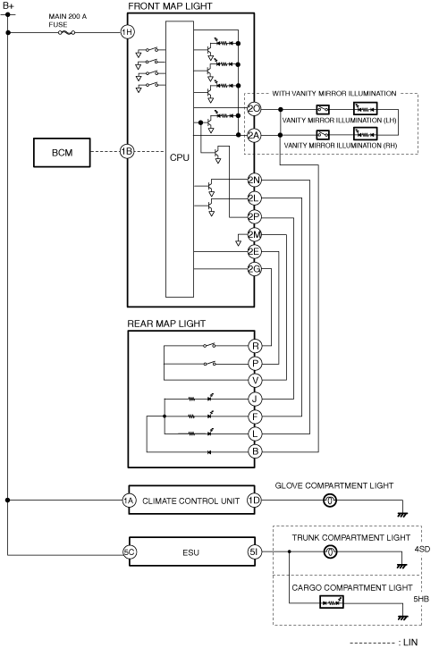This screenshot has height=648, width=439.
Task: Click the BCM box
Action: pyautogui.click(x=62, y=153)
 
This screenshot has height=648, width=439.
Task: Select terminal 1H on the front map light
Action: pyautogui.click(x=127, y=32)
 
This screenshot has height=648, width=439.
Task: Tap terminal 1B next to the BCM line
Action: pyautogui.click(x=127, y=151)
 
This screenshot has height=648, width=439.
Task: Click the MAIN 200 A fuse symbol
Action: pyautogui.click(x=66, y=32)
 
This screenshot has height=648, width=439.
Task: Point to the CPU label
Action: pyautogui.click(x=180, y=157)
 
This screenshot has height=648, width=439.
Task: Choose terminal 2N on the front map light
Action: pyautogui.click(x=254, y=180)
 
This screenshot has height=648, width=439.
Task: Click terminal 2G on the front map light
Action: pyautogui.click(x=254, y=269)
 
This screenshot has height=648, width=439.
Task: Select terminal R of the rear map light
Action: pyautogui.click(x=255, y=346)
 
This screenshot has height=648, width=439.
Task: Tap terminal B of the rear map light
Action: pyautogui.click(x=255, y=451)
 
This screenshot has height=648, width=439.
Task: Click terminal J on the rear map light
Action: pyautogui.click(x=255, y=399)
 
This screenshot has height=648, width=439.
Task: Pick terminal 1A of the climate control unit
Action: pyautogui.click(x=129, y=501)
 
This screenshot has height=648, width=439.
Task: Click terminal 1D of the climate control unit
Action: pyautogui.click(x=254, y=501)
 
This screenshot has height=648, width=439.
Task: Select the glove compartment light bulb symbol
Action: pyautogui.click(x=329, y=501)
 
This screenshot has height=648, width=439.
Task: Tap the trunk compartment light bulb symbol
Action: pyautogui.click(x=330, y=551)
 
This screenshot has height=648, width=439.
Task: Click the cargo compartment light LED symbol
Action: pyautogui.click(x=332, y=602)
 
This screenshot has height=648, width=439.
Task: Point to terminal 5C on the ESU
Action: pyautogui.click(x=130, y=551)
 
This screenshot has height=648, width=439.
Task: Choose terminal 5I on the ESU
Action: pyautogui.click(x=254, y=551)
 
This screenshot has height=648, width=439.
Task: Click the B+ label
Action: pyautogui.click(x=8, y=5)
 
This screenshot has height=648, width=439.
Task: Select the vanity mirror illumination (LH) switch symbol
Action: pyautogui.click(x=323, y=109)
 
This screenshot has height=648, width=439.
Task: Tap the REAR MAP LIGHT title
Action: pyautogui.click(x=166, y=324)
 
